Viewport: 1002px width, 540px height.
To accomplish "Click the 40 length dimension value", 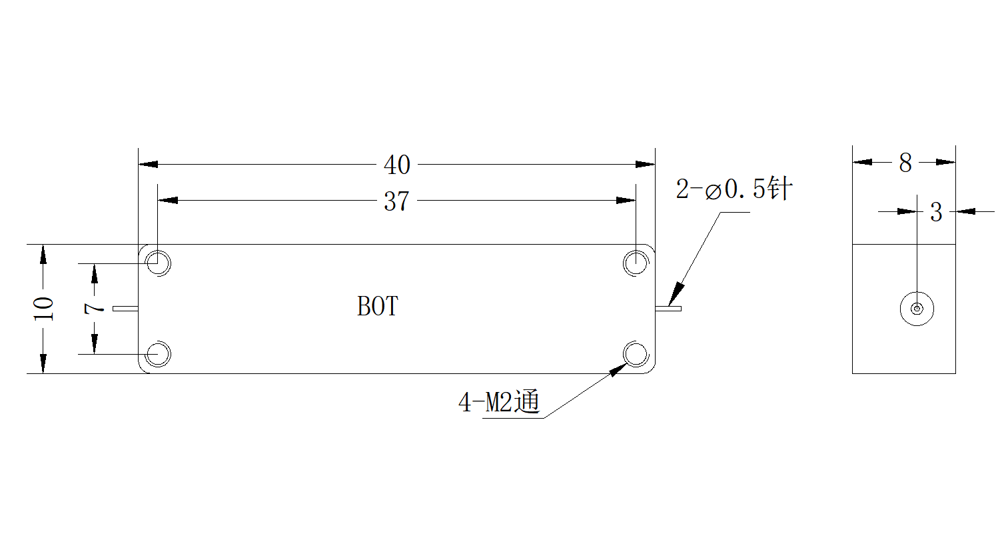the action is click(397, 165).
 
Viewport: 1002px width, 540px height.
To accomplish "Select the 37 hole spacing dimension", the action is click(397, 201).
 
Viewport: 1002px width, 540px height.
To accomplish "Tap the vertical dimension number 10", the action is click(44, 309).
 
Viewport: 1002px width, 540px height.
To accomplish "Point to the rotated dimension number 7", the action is click(94, 308).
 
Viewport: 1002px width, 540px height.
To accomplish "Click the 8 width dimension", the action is click(905, 163).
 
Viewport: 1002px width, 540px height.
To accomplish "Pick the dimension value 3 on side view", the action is click(936, 212).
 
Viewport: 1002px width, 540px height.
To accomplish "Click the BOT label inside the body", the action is click(378, 307).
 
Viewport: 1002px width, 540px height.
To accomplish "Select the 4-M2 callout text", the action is click(499, 401).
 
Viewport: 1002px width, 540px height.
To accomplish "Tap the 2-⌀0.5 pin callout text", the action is click(734, 189).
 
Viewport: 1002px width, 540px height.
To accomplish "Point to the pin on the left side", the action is click(126, 309).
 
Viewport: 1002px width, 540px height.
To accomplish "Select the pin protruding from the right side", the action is click(668, 309).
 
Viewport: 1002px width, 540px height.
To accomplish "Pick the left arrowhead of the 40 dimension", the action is click(148, 164).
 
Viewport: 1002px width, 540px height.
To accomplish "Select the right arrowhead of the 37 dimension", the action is click(626, 200).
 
